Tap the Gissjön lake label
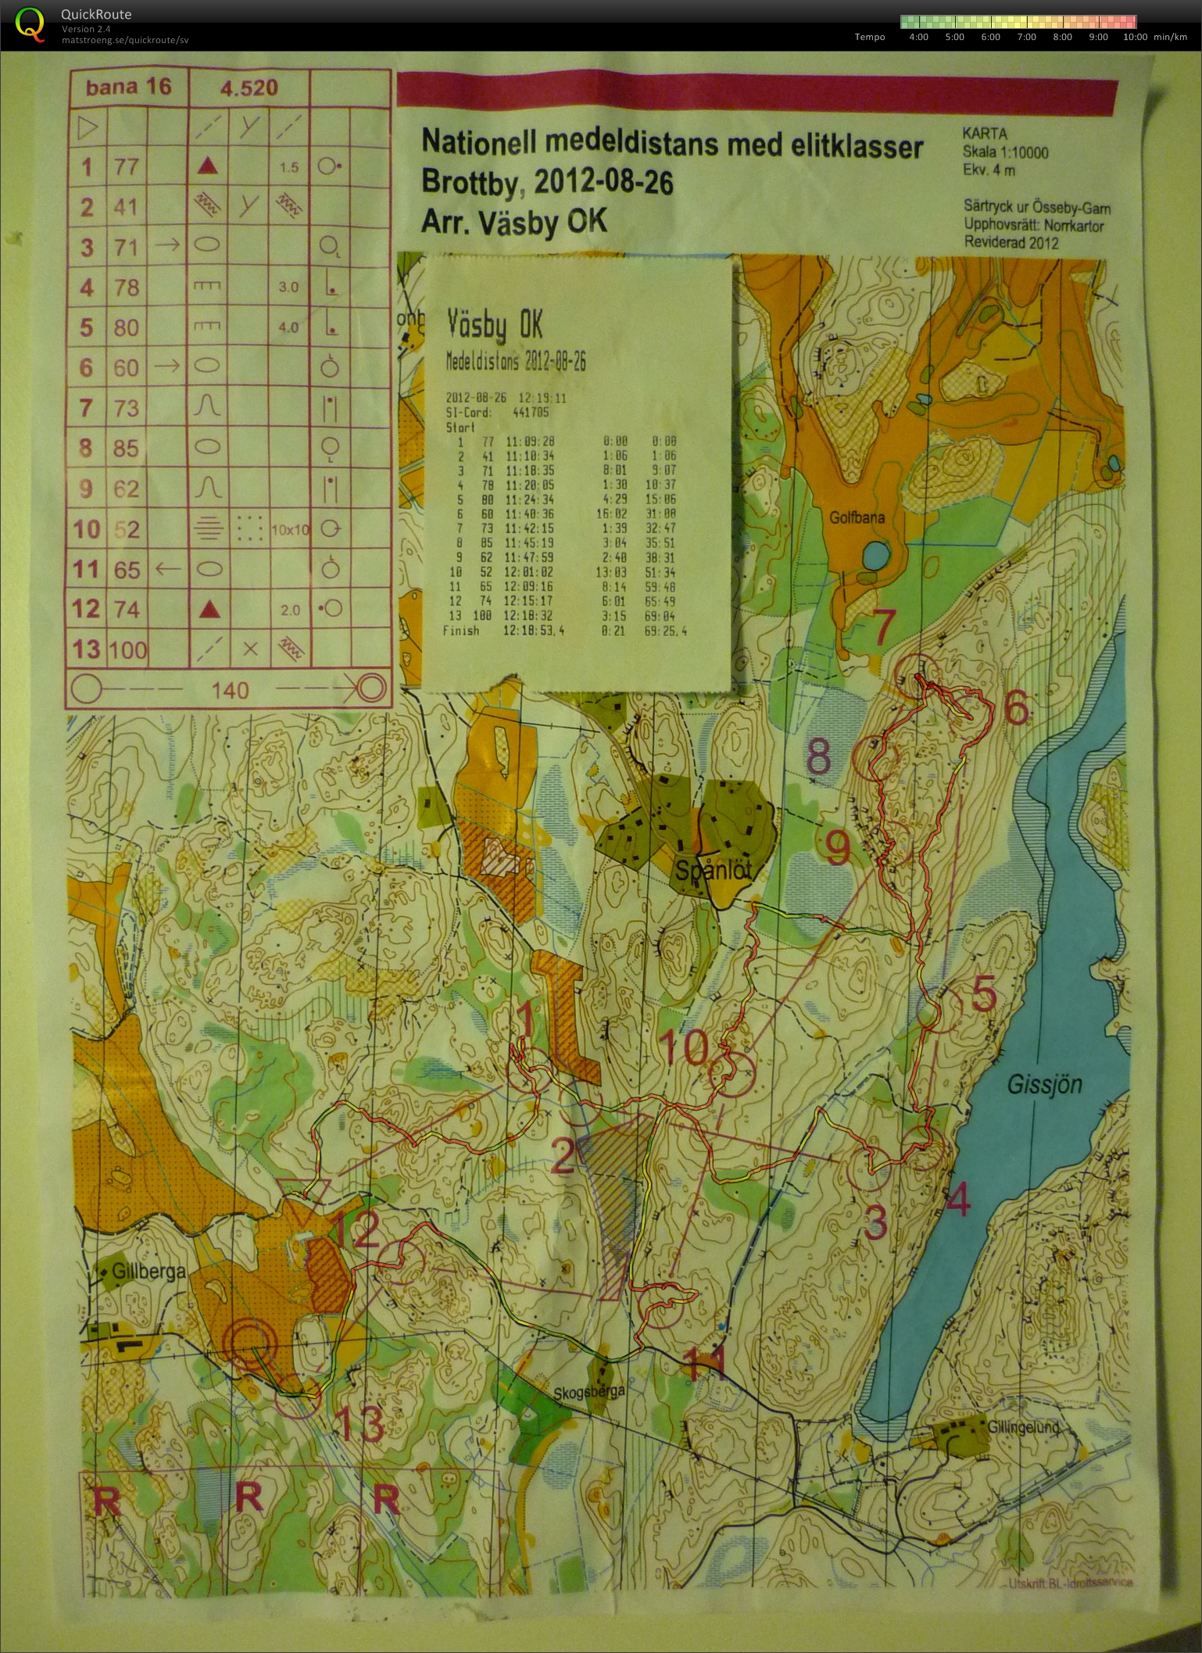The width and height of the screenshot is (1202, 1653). (x=1044, y=1084)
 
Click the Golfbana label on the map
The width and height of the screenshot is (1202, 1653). (x=857, y=517)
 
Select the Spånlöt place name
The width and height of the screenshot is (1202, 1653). (x=713, y=870)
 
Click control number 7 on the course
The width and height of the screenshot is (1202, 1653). (x=882, y=628)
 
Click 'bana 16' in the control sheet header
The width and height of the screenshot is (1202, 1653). (x=128, y=87)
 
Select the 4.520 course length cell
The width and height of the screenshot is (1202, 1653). (x=249, y=88)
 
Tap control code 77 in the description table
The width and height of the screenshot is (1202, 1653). (x=126, y=166)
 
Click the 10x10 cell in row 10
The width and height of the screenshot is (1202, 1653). (x=289, y=530)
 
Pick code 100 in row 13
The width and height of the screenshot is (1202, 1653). (x=128, y=649)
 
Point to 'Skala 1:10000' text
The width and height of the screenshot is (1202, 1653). (x=1005, y=153)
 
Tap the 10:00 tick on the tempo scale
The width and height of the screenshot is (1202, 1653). (x=1135, y=37)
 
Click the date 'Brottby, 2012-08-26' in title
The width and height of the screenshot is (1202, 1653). (x=547, y=182)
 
